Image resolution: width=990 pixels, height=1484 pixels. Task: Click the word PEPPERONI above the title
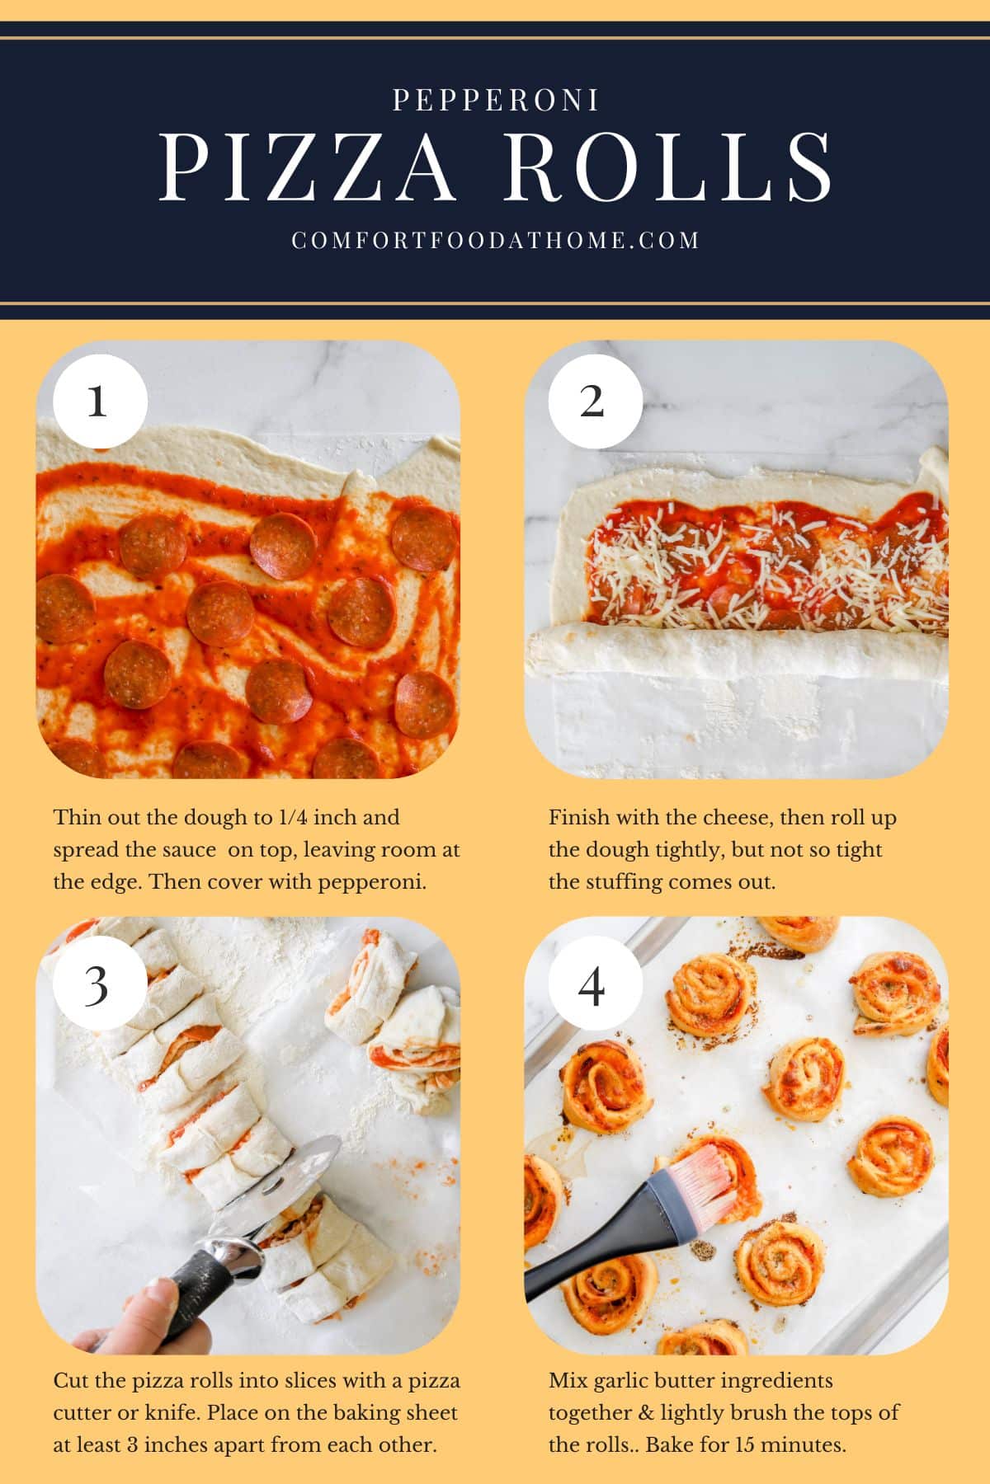click(x=495, y=101)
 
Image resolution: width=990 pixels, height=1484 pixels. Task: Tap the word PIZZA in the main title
click(x=307, y=167)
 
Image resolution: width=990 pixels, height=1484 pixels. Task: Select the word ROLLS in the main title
click(x=667, y=167)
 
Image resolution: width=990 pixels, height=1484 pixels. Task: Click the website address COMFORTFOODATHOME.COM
click(x=495, y=240)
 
